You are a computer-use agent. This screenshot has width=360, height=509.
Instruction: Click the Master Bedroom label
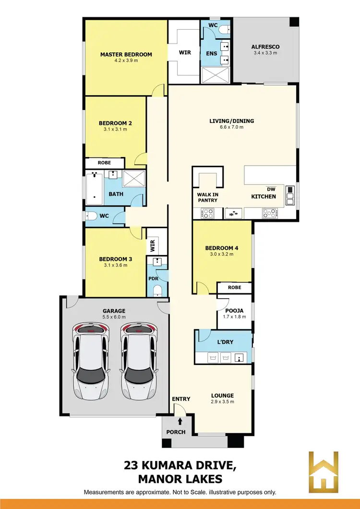[x=126, y=54]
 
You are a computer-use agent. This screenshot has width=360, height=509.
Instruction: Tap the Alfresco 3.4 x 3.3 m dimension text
[x=265, y=53]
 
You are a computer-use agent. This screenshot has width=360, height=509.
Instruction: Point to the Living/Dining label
[x=231, y=121]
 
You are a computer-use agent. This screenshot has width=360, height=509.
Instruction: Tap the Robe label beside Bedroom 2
[x=104, y=163]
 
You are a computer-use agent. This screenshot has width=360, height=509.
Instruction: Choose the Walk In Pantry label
[x=207, y=197]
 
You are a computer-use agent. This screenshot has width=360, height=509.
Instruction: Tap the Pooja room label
[x=234, y=310]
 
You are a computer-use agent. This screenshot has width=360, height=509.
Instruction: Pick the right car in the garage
[x=138, y=361]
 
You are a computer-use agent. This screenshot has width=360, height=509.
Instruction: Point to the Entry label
[x=181, y=399]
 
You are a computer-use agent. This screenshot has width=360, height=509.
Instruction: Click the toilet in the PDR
[x=157, y=291]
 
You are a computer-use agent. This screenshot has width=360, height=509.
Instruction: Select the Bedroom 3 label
[x=115, y=258]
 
